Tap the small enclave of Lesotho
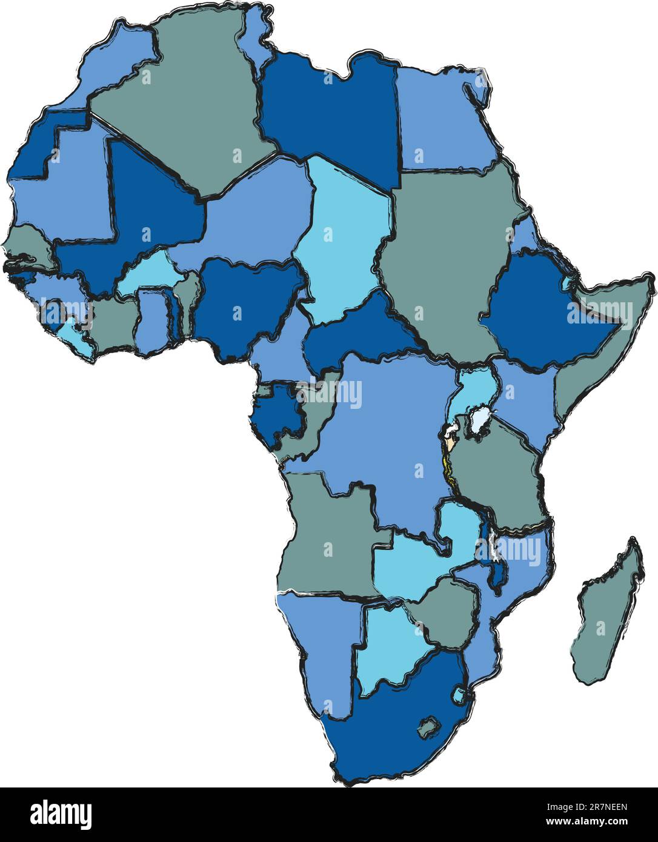click(429, 727)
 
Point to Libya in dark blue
click(330, 115)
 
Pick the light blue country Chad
click(339, 242)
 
